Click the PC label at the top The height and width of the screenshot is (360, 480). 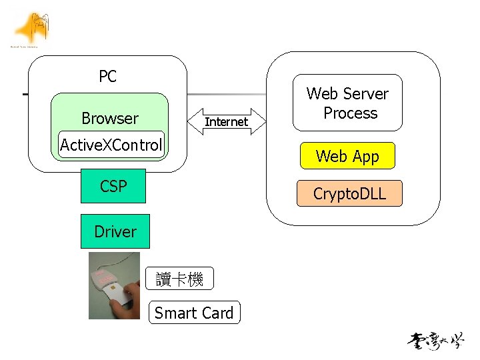tap(107, 77)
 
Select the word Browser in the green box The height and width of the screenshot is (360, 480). tap(110, 119)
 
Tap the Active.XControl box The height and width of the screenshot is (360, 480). tap(111, 145)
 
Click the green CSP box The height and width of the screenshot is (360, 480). tap(113, 186)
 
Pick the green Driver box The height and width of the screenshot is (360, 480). tap(115, 231)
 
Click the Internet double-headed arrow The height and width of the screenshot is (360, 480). tap(225, 121)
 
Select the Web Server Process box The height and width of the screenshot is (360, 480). tap(347, 103)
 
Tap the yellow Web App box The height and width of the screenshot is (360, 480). tap(347, 156)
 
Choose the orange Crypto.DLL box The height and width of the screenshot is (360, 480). tap(349, 194)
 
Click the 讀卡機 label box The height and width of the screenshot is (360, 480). tap(179, 279)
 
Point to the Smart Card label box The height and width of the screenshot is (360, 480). tap(194, 313)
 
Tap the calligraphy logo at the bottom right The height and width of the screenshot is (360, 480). tap(436, 341)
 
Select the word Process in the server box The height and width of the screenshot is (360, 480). tap(350, 113)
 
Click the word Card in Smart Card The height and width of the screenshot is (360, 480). tap(217, 313)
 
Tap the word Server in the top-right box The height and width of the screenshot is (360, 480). tap(365, 94)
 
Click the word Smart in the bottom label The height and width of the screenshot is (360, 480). tap(175, 313)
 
